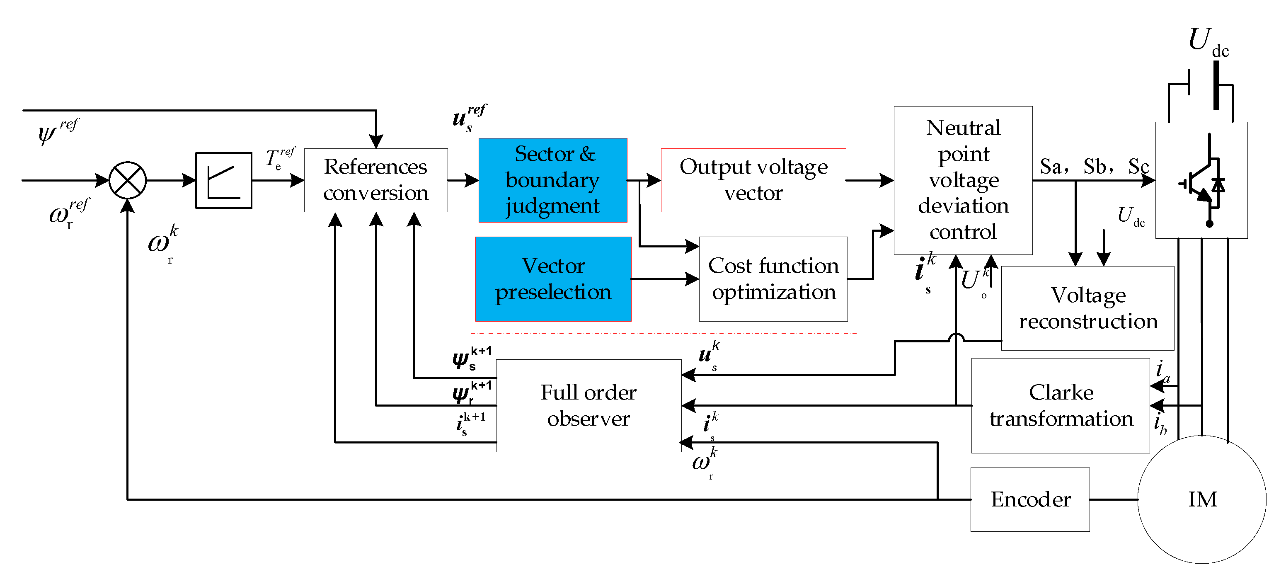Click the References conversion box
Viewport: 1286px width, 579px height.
(375, 180)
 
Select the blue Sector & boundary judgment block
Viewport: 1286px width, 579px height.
(552, 180)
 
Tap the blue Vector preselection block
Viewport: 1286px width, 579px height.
(553, 279)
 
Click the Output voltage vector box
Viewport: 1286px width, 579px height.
(753, 180)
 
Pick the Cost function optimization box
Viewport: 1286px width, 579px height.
(773, 279)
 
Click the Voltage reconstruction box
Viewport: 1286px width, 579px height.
(1087, 308)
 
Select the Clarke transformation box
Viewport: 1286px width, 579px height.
(1061, 405)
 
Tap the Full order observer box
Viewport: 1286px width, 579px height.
(588, 405)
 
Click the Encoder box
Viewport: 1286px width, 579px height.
(1030, 499)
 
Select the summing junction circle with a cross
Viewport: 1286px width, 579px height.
(127, 180)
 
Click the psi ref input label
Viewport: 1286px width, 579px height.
(58, 131)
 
